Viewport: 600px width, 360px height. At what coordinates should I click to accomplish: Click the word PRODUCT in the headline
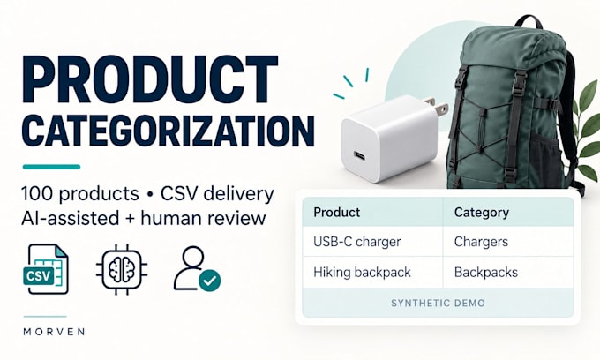[150, 79]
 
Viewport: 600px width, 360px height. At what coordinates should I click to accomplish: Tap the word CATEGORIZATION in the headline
[169, 131]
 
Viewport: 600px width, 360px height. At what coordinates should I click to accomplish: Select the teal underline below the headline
[52, 167]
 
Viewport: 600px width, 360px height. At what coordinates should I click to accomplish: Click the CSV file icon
[46, 269]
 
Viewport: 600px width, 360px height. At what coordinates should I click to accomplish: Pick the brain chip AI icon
[122, 269]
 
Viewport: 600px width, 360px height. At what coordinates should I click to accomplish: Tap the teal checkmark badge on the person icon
[210, 281]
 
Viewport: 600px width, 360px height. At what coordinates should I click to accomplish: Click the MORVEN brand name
[54, 331]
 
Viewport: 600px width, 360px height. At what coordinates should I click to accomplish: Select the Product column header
[337, 213]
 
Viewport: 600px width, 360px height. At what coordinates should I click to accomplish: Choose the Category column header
[482, 213]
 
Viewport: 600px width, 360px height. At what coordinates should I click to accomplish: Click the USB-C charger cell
[357, 242]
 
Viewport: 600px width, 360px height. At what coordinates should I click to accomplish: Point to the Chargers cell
[482, 242]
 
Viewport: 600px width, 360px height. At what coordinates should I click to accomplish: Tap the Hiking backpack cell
[362, 273]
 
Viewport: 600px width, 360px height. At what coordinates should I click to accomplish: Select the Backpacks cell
[486, 273]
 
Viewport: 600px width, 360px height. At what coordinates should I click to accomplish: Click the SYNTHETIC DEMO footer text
[438, 304]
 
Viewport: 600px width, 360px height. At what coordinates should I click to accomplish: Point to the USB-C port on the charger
[359, 156]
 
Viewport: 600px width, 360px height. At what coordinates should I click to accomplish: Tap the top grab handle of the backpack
[529, 22]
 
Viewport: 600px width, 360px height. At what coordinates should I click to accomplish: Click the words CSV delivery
[217, 194]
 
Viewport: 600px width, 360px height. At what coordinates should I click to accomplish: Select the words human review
[203, 219]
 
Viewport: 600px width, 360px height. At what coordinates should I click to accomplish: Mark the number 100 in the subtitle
[37, 194]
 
